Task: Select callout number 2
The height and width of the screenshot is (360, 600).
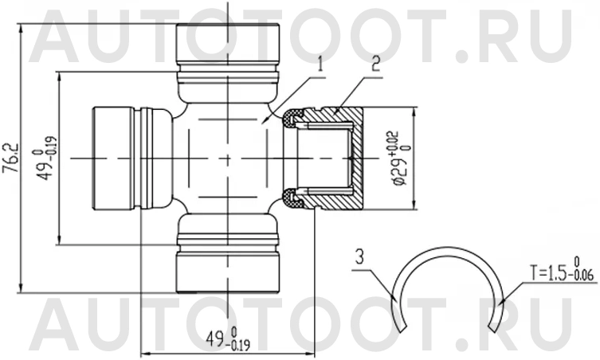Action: click(x=375, y=62)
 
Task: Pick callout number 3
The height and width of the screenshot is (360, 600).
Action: click(x=361, y=256)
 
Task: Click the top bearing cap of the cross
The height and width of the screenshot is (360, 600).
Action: click(x=228, y=45)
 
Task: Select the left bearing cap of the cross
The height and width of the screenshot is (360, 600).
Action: click(x=116, y=158)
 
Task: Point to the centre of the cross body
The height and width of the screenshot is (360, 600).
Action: click(x=228, y=158)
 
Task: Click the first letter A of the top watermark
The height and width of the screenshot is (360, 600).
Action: click(x=60, y=36)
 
